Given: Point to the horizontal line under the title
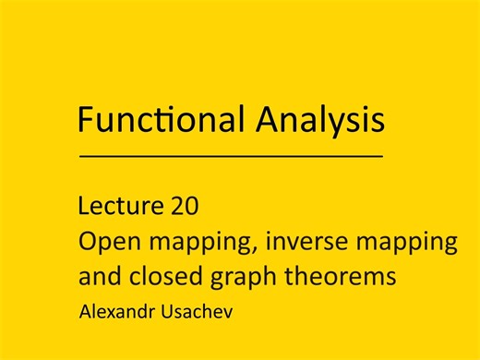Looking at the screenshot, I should (232, 157).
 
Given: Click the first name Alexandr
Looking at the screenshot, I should (117, 312).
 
